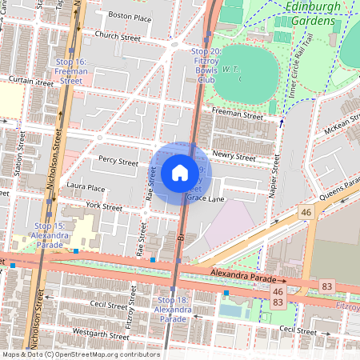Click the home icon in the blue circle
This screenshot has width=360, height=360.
180,172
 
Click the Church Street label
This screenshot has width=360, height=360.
117,36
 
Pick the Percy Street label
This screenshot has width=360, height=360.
118,161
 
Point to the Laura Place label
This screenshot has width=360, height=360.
86,188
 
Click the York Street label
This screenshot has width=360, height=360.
103,206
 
